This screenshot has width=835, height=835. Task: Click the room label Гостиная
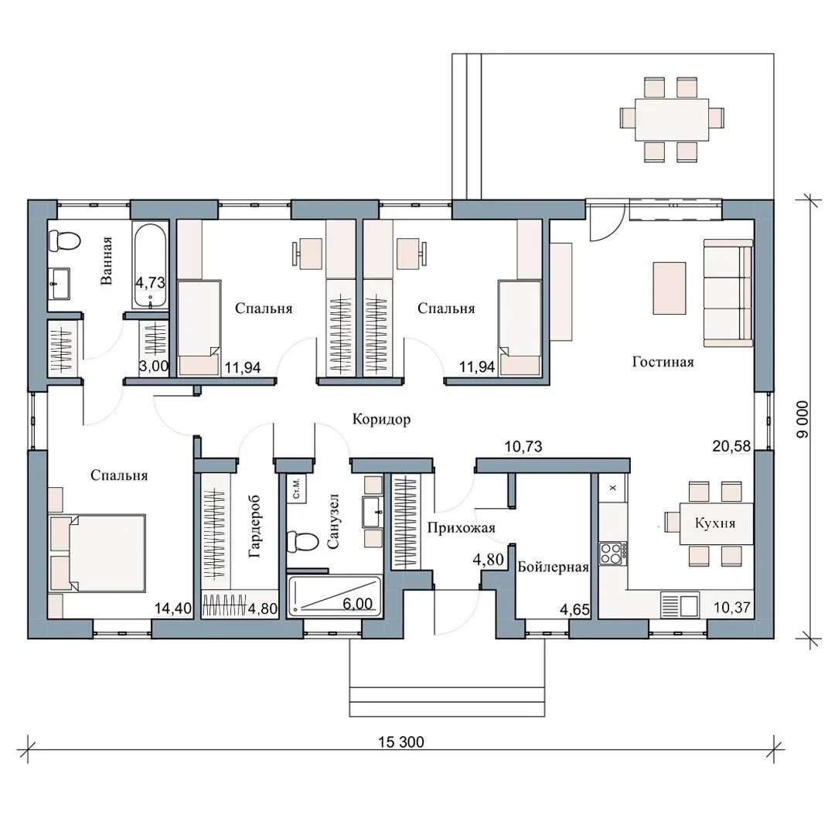tap(663, 362)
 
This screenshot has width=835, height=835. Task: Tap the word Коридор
tap(381, 420)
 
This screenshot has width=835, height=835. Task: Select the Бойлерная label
tap(554, 567)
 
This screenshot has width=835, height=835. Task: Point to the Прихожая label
tap(461, 528)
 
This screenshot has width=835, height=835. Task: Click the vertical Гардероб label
tap(255, 527)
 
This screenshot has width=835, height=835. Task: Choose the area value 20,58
tap(731, 446)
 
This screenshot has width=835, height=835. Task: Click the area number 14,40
tap(173, 608)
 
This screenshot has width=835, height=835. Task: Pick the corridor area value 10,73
tap(523, 446)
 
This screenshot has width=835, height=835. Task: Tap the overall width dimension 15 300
tap(401, 741)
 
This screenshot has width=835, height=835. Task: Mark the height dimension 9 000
tap(803, 420)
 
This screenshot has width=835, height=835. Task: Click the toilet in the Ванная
tap(64, 240)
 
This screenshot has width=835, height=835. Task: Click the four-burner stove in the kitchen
tap(612, 554)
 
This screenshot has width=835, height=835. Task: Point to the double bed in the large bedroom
tap(97, 553)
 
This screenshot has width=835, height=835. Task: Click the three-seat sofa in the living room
tap(728, 293)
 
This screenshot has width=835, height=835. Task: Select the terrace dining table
tap(672, 120)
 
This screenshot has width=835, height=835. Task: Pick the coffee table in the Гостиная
tap(670, 288)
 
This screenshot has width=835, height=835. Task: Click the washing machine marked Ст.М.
tap(296, 487)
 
